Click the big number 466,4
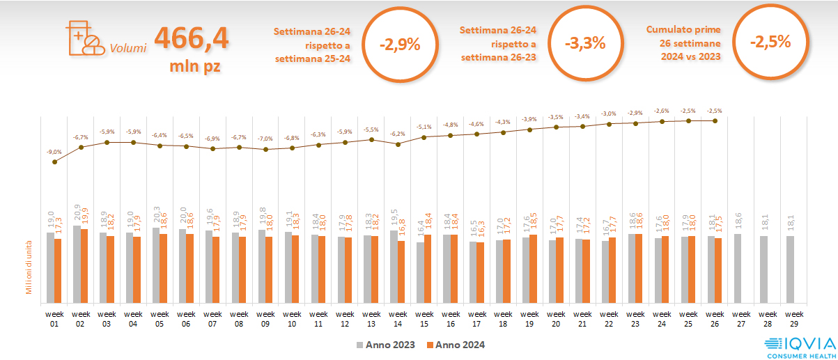(191, 38)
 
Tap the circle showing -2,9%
(400, 44)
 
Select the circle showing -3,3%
(585, 44)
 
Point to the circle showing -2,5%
(770, 41)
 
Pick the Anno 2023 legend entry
(386, 345)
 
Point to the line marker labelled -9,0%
(55, 162)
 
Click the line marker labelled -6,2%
(398, 144)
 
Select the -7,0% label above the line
(265, 139)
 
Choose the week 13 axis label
(371, 318)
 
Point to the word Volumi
(127, 49)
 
